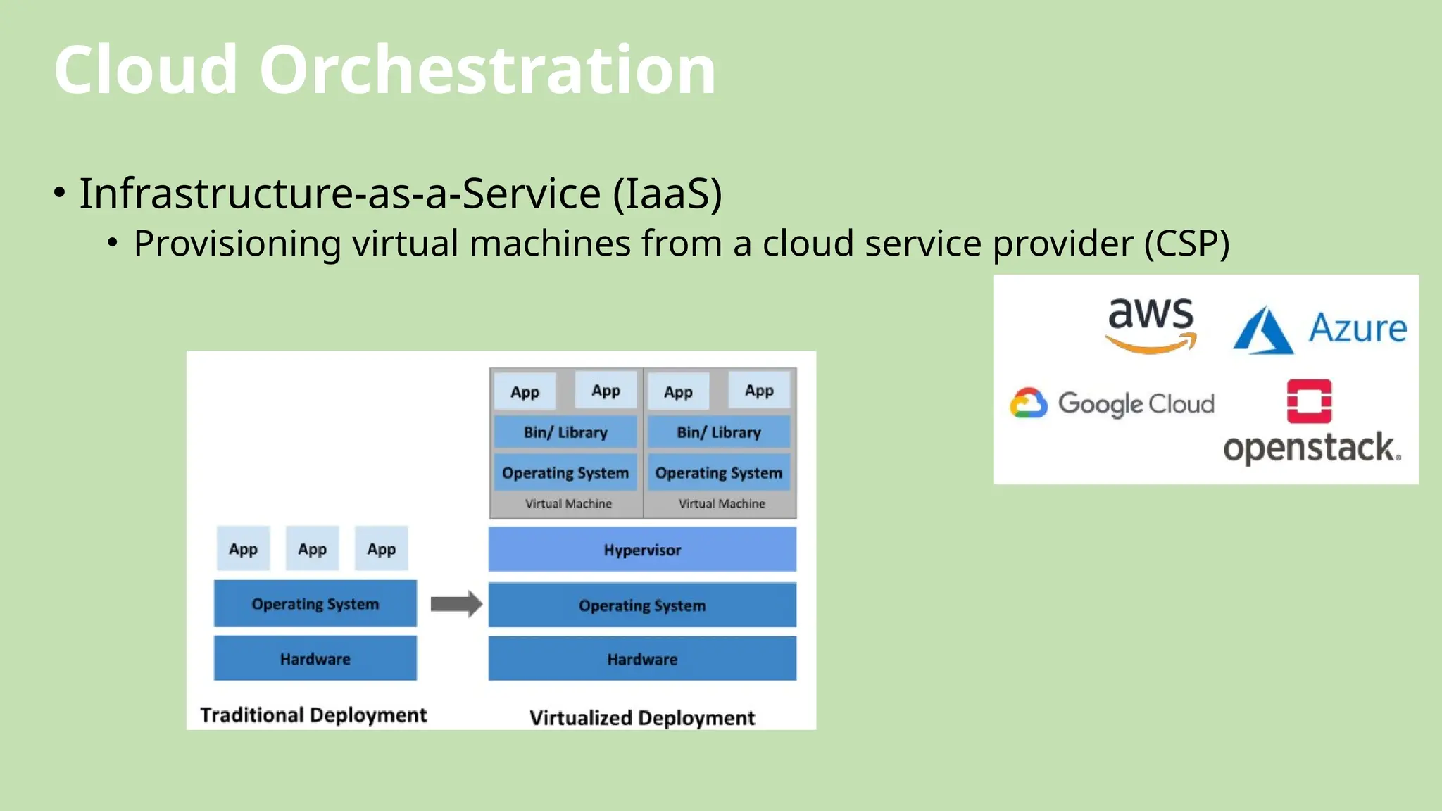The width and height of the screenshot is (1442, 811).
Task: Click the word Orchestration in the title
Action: (487, 70)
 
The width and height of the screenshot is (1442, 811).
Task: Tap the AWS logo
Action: (1151, 325)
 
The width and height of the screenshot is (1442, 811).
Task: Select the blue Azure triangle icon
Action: (1262, 331)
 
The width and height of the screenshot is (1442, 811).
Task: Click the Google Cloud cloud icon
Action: (1028, 403)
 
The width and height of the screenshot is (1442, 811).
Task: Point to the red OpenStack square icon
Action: (1309, 401)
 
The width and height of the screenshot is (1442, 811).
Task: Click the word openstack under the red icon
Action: (1310, 448)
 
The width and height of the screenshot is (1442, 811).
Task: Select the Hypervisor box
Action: (642, 549)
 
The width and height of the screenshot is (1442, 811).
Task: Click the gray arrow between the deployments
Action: (456, 604)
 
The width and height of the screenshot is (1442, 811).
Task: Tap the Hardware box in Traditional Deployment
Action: (315, 659)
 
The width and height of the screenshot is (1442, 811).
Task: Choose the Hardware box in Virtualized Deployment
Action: (642, 659)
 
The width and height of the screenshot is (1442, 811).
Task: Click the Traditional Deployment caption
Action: (313, 715)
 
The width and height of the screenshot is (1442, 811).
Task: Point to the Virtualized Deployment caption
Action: (642, 718)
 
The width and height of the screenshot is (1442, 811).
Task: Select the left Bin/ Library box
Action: (565, 432)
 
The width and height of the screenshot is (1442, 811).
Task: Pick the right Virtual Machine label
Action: (721, 503)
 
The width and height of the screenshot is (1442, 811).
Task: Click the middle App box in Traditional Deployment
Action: (312, 549)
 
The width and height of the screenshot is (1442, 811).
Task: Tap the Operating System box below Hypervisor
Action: (642, 605)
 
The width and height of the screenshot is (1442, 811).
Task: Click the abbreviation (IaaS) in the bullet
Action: (667, 194)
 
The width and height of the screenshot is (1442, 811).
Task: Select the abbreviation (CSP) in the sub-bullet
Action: (1186, 244)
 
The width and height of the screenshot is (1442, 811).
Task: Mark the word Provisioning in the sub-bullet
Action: (237, 244)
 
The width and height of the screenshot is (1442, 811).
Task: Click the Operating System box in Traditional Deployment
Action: (315, 604)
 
